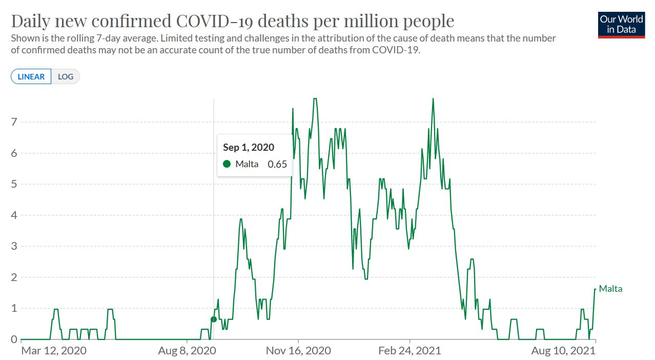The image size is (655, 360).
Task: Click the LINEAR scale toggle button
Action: point(31,77)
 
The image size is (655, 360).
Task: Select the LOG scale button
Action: point(66,77)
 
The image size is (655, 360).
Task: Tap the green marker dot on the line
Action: point(214,319)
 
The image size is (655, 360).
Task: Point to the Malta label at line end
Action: point(610,289)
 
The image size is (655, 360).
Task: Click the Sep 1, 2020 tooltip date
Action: point(249,147)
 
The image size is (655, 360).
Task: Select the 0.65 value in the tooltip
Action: point(277,164)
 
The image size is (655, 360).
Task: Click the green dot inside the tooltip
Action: point(227,164)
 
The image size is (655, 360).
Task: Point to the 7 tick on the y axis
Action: point(15,122)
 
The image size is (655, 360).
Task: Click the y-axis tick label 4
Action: point(15,215)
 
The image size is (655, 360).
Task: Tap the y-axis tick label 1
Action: point(15,309)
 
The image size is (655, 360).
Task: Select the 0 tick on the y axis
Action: point(15,339)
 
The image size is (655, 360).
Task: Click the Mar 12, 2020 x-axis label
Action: point(54,351)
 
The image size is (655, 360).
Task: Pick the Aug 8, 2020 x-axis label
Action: point(187,351)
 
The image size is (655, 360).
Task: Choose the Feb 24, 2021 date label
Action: point(410,351)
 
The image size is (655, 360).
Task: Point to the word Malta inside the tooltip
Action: point(247,164)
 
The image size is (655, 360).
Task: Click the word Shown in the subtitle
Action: point(24,38)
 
